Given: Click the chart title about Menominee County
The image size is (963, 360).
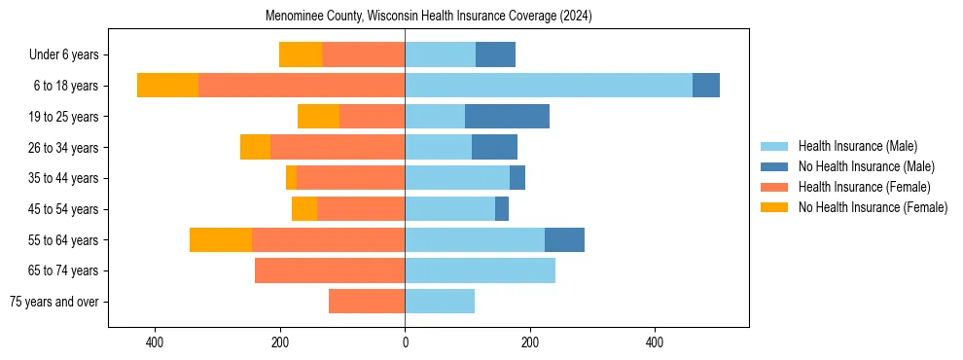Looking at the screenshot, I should [429, 17].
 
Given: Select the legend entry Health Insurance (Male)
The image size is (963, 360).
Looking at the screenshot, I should [857, 147].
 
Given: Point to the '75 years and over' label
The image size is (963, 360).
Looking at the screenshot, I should [53, 302].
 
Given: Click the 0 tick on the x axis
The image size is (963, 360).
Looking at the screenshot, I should [405, 343].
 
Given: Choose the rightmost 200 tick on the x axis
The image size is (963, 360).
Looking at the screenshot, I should [530, 343].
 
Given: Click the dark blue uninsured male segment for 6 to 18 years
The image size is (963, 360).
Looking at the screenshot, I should [706, 86].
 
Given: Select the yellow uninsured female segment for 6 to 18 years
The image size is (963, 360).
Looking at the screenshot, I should [167, 86].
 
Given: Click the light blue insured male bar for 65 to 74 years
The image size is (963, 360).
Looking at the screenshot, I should [480, 270].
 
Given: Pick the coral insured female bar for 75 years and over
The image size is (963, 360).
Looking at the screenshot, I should [367, 302].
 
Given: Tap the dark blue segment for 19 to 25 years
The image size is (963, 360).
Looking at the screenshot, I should [507, 117].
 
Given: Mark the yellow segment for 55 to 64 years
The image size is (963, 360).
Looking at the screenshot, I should [221, 240].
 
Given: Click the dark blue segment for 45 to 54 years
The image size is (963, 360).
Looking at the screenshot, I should [502, 209].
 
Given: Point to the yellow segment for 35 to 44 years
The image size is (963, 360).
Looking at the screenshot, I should [291, 178].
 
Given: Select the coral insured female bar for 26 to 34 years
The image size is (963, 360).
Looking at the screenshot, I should [338, 147].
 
